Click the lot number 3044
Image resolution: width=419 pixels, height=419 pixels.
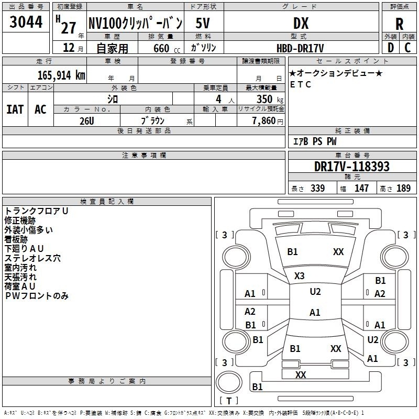pyautogui.click(x=26, y=22)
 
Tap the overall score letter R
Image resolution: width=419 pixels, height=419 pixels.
pyautogui.click(x=399, y=24)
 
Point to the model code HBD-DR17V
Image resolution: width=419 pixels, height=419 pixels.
pyautogui.click(x=301, y=48)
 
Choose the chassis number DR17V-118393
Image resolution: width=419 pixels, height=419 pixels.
pyautogui.click(x=352, y=167)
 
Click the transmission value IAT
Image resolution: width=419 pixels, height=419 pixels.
pyautogui.click(x=15, y=109)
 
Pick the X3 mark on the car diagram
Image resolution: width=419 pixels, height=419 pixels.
pyautogui.click(x=300, y=275)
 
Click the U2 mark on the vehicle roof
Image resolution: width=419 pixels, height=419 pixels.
pyautogui.click(x=315, y=292)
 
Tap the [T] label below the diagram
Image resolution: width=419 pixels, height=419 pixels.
pyautogui.click(x=229, y=401)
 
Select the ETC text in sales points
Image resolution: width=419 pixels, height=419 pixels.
pyautogui.click(x=301, y=84)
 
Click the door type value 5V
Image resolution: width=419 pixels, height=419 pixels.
pyautogui.click(x=203, y=23)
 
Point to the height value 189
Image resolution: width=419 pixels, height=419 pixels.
pyautogui.click(x=403, y=189)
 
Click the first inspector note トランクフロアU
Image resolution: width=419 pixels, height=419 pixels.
pyautogui.click(x=37, y=211)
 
